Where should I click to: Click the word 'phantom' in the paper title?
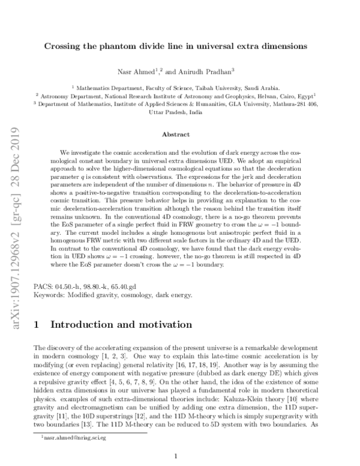click(x=127, y=45)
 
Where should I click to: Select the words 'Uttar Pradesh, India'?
click(x=179, y=111)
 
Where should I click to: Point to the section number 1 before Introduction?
click(x=37, y=325)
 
